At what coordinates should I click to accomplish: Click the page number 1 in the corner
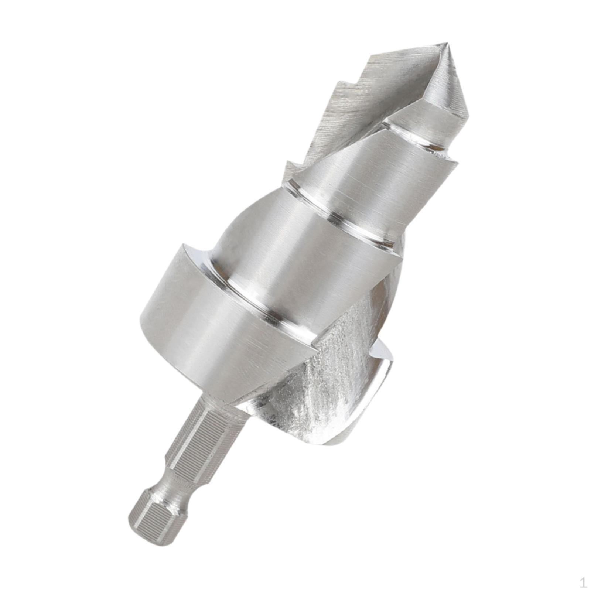pos(583,583)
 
